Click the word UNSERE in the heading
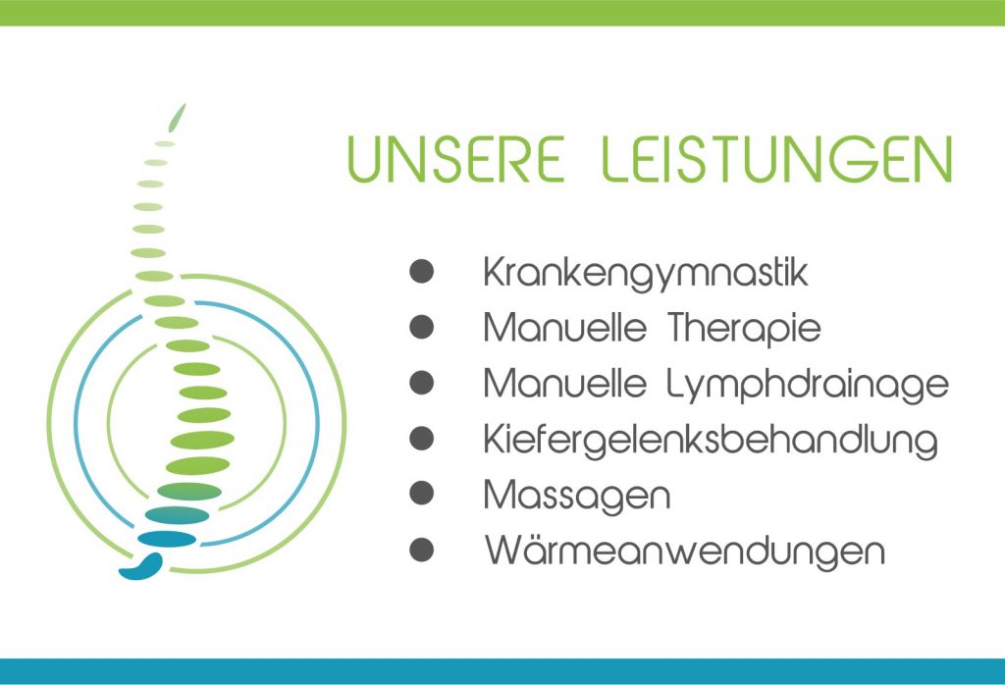point(455,159)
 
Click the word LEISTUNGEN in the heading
point(777,159)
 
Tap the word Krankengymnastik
point(646,274)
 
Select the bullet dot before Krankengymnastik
point(422,271)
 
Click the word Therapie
point(744,329)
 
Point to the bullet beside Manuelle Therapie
point(422,327)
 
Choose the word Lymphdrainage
point(808,385)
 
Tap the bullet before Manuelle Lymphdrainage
point(422,383)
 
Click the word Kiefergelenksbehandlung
point(711,441)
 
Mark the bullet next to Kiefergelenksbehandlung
point(422,439)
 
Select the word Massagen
point(577,497)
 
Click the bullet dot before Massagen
point(422,494)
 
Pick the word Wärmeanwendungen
point(684,551)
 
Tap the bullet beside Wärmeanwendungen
point(422,550)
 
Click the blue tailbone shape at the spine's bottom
point(142,566)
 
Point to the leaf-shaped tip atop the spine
point(177,117)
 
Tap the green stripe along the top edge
point(502,13)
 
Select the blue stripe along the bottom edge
point(502,671)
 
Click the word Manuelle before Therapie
point(564,328)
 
